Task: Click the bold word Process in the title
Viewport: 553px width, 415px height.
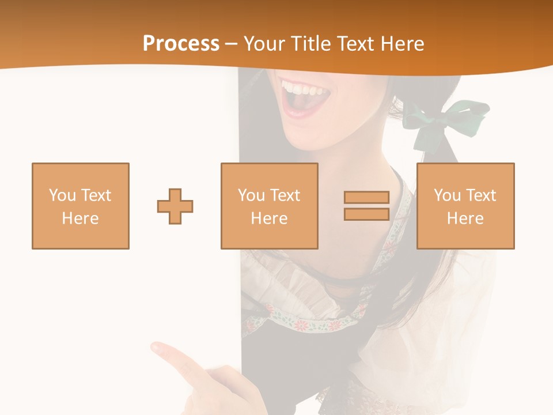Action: tap(181, 44)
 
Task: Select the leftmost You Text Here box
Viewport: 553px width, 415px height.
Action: tap(81, 206)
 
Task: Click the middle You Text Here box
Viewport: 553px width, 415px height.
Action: tap(269, 206)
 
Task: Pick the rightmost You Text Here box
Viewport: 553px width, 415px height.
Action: tap(465, 206)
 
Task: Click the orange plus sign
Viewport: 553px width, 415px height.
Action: tap(175, 206)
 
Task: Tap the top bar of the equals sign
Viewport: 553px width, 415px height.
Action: tap(366, 197)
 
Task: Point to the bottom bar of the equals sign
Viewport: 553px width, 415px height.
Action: tap(366, 214)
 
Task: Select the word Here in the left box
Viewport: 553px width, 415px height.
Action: tap(80, 218)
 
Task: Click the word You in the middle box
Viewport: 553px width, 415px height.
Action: tap(251, 195)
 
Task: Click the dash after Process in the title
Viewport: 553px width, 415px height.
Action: tap(231, 44)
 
